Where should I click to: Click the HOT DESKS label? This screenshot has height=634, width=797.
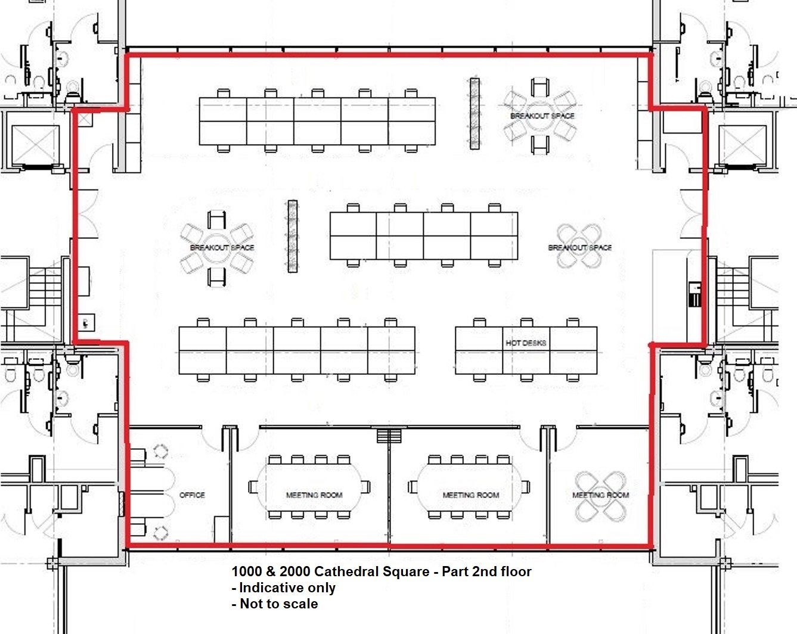526,343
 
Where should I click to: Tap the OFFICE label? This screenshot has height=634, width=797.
192,495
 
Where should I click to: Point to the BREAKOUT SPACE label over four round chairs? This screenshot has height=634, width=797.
579,247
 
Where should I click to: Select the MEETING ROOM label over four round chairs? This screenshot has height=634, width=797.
600,495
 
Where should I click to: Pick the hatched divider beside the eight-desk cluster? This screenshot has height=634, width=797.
293,237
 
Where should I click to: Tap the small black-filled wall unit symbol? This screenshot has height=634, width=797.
694,294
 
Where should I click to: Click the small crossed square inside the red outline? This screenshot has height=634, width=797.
85,119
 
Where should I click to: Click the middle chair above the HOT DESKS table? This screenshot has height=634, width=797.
526,322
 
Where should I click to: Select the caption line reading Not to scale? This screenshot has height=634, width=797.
275,604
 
